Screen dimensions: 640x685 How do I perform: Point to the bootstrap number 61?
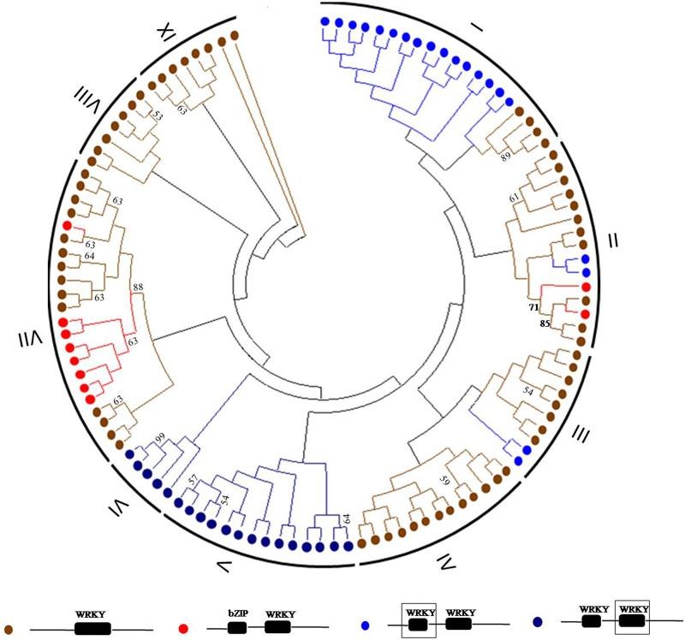[514, 198]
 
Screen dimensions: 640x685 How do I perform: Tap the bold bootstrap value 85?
[545, 323]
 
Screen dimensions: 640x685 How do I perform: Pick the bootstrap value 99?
[160, 439]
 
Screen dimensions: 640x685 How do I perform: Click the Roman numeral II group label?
[613, 242]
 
